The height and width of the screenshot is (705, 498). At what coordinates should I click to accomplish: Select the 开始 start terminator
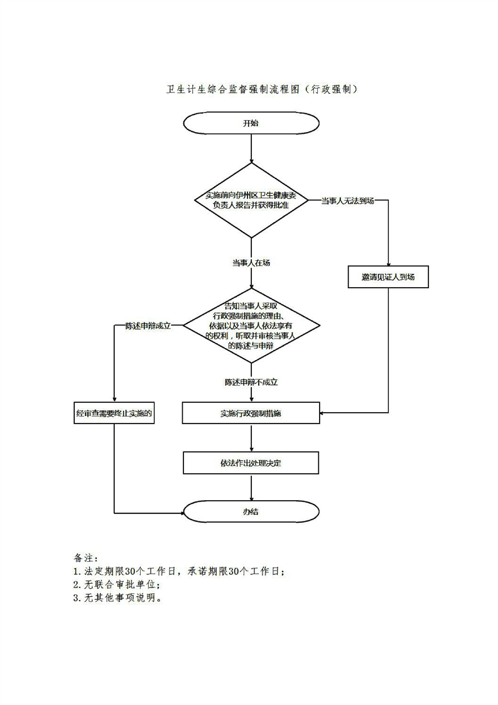tap(251, 123)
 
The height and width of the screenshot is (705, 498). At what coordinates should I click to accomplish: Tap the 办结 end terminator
tap(251, 511)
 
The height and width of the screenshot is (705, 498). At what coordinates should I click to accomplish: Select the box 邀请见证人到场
tap(388, 277)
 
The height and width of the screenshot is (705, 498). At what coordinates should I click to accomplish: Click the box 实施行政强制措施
tap(251, 413)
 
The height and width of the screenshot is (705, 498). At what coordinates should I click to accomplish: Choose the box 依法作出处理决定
tap(251, 463)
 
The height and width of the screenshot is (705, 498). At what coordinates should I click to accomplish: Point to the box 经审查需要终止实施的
tap(114, 413)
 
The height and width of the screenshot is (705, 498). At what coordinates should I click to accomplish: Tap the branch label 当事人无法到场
tap(347, 200)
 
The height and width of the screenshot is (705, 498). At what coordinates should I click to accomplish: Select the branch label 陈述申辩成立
tap(148, 326)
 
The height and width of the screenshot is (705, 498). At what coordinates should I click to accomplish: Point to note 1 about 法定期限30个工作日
tap(180, 572)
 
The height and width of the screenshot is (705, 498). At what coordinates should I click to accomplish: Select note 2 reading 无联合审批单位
tap(112, 585)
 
